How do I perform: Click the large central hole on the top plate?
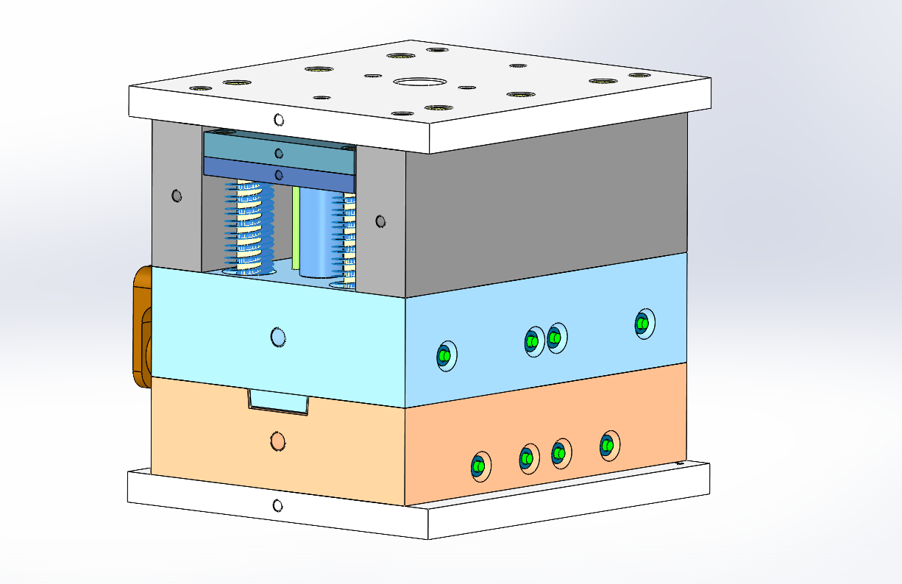[x=420, y=81]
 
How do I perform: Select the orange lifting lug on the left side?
[x=141, y=327]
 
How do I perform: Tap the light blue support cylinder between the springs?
[x=317, y=232]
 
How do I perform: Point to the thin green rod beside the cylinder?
[x=296, y=228]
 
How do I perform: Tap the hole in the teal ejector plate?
[x=278, y=153]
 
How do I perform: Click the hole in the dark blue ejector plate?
[x=278, y=174]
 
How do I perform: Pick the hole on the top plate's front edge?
[x=278, y=120]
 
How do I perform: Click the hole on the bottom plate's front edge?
[x=277, y=505]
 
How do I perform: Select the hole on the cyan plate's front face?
[x=278, y=337]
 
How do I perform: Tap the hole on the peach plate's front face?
[x=277, y=441]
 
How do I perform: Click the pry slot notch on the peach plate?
[x=277, y=402]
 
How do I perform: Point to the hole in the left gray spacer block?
[x=176, y=196]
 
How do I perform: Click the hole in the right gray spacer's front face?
[x=380, y=221]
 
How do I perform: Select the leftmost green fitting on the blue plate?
[x=444, y=356]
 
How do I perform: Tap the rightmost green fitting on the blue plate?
[x=643, y=324]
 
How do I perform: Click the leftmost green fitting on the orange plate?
[x=479, y=466]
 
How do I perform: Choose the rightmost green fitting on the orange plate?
[x=607, y=445]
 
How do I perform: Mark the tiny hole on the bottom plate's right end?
[x=678, y=464]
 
